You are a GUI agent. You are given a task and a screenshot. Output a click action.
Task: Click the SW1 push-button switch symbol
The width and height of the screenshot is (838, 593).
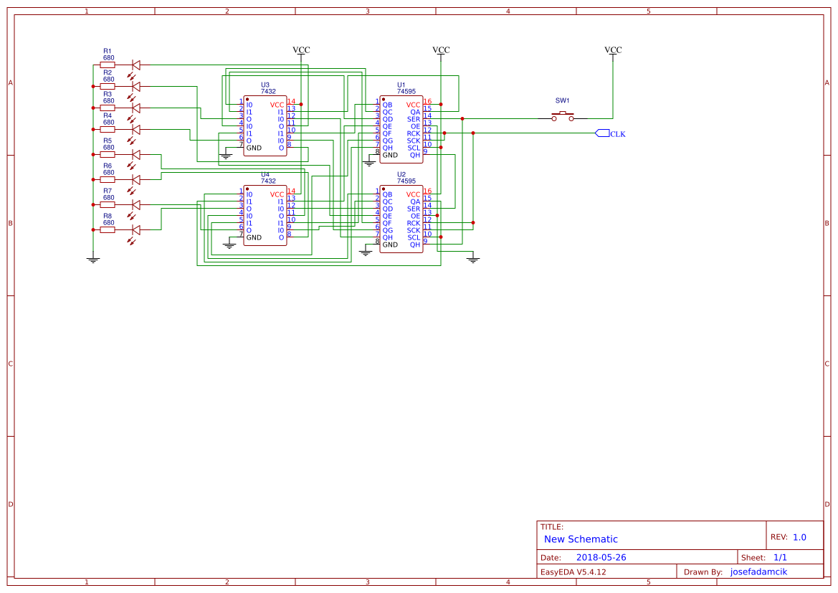(563, 116)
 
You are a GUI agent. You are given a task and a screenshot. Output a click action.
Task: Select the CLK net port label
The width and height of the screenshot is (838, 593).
(610, 133)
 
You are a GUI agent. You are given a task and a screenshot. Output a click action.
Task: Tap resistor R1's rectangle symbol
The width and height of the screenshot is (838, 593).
(108, 65)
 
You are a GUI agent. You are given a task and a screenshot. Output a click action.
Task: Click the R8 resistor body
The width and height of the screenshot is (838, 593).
(108, 230)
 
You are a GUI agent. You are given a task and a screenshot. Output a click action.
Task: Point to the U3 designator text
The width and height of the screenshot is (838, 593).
(265, 85)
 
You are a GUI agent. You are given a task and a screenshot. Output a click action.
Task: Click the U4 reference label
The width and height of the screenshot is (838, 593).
(265, 174)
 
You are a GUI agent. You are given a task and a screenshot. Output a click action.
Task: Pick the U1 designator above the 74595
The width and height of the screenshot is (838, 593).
(401, 85)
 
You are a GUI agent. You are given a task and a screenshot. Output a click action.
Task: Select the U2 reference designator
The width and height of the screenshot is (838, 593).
(401, 174)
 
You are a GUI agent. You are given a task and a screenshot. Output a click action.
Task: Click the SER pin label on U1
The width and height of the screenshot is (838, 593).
(414, 119)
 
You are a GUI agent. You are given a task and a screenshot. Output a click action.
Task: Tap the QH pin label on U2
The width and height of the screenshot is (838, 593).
(415, 245)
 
